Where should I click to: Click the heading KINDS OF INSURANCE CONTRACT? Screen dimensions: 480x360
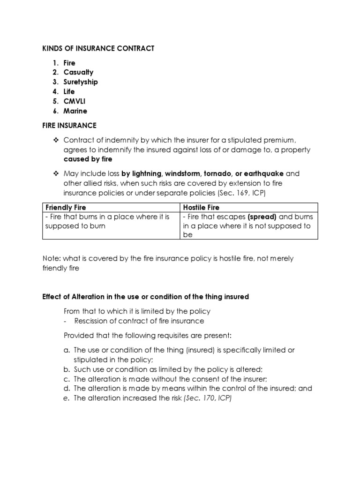[x=98, y=48]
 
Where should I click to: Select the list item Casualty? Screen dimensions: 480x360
[x=78, y=72]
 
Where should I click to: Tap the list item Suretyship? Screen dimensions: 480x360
[x=81, y=82]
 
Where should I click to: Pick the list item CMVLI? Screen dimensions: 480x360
[x=75, y=101]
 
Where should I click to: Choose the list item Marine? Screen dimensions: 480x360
[x=75, y=111]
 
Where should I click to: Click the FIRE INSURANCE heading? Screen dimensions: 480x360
[x=69, y=126]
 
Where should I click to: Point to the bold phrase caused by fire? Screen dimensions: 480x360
[x=88, y=159]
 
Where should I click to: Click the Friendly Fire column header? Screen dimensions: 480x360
[x=66, y=207]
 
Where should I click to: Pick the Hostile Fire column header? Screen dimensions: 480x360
[x=201, y=207]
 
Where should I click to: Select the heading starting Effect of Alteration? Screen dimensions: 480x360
[x=145, y=297]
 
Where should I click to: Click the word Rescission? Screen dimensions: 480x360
[x=94, y=321]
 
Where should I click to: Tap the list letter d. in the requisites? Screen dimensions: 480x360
[x=67, y=389]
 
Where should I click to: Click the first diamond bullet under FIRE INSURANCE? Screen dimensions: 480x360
[x=56, y=140]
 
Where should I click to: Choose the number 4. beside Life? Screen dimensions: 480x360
[x=55, y=92]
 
